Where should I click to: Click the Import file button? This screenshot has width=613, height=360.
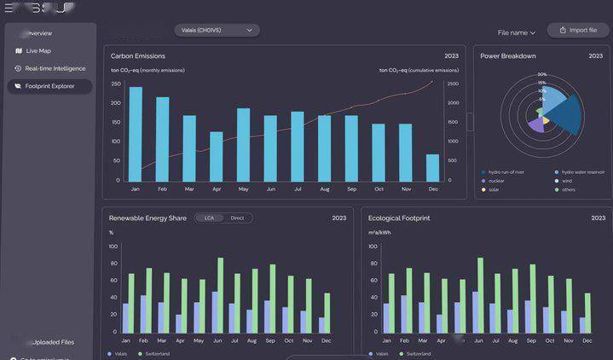click(579, 31)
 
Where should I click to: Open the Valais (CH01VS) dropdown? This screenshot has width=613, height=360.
click(217, 30)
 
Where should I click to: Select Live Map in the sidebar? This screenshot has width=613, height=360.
click(38, 51)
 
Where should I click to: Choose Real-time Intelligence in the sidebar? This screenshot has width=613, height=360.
click(55, 68)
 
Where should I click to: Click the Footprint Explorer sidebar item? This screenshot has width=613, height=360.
click(49, 86)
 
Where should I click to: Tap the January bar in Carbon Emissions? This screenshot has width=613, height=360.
click(136, 133)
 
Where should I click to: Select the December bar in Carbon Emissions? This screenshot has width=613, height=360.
click(432, 167)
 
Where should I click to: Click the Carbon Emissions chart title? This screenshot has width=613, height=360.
click(138, 56)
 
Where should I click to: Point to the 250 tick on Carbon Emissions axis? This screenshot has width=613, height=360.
click(116, 84)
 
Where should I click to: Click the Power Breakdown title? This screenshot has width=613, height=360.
click(508, 56)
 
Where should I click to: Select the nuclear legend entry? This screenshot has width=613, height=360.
click(496, 181)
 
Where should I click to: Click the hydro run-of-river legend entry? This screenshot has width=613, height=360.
click(506, 172)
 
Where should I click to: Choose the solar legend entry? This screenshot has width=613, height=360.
click(494, 189)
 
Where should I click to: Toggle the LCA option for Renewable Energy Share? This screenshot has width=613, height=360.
click(209, 218)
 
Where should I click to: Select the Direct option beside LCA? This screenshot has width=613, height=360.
click(237, 218)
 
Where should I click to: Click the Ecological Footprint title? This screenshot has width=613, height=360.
click(399, 218)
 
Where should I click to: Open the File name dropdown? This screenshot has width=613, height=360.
click(517, 32)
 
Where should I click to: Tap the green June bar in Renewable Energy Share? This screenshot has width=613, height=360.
click(220, 294)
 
